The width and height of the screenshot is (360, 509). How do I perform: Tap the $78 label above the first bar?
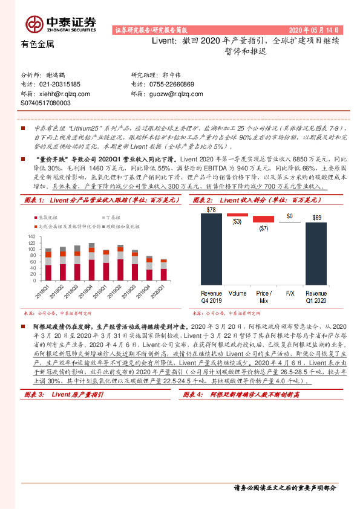pos(211,210)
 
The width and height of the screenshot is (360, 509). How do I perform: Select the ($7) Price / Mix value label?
pos(263,229)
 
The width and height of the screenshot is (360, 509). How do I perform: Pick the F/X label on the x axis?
pos(290,293)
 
